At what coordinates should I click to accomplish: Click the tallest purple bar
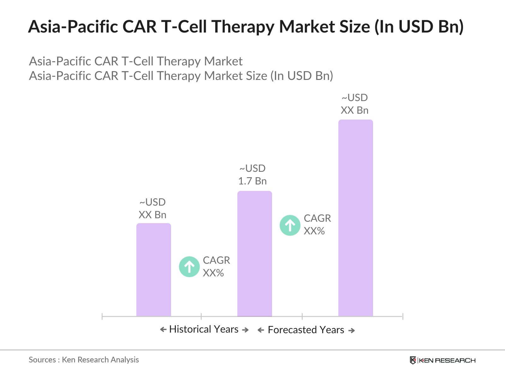click(x=355, y=218)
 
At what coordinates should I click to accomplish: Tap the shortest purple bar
click(x=153, y=270)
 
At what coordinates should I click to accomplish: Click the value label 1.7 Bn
click(x=252, y=181)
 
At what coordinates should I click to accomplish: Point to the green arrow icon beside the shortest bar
click(x=189, y=267)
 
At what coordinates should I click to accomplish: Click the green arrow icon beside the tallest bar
click(x=290, y=225)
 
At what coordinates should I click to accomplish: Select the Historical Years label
click(x=204, y=329)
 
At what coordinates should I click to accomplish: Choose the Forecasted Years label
click(x=306, y=330)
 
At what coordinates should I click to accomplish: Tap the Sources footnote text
click(x=84, y=360)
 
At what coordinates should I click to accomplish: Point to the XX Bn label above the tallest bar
click(x=354, y=110)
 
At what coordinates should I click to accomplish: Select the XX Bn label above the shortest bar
click(x=152, y=215)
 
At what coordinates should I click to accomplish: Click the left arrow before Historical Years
click(x=163, y=330)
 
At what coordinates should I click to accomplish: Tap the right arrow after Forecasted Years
click(x=352, y=331)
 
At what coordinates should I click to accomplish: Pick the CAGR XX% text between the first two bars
click(x=216, y=267)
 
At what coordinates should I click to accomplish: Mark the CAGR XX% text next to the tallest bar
click(x=317, y=225)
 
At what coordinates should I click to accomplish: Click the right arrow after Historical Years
click(x=245, y=330)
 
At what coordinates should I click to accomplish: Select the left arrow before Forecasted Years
click(x=261, y=330)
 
